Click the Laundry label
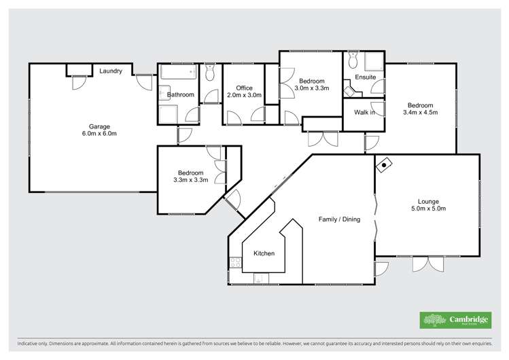click(x=111, y=71)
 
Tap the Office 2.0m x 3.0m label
click(x=244, y=92)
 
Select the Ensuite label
click(x=366, y=77)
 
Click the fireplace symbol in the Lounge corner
click(x=385, y=164)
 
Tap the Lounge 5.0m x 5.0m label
click(x=428, y=205)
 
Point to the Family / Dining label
click(x=339, y=219)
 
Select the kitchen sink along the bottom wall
click(x=258, y=278)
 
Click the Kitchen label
click(x=264, y=253)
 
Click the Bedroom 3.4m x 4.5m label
click(x=420, y=109)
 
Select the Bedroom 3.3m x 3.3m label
click(x=190, y=177)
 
